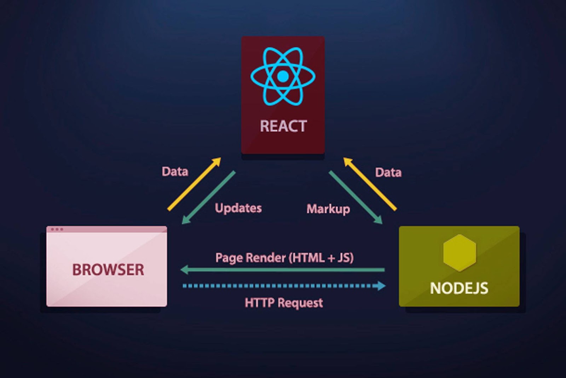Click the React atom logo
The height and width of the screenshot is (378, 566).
(283, 76)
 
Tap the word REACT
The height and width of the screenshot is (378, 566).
(283, 126)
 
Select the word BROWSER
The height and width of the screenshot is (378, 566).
(108, 270)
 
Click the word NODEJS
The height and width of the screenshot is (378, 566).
(459, 288)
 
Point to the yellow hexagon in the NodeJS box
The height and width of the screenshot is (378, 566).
(459, 252)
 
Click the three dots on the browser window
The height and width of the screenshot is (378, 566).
(57, 229)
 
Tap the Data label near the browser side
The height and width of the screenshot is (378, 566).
(175, 171)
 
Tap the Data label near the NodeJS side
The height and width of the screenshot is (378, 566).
(388, 173)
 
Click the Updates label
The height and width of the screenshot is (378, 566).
(238, 208)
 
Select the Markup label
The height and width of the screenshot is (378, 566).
(328, 209)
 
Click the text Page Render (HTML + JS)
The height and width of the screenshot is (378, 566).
(284, 257)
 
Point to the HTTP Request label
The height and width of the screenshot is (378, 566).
(284, 303)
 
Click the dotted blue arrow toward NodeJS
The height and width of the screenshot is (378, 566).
(283, 286)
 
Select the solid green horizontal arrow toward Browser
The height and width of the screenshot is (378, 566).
(283, 270)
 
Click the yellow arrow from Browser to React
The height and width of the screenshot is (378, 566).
(194, 184)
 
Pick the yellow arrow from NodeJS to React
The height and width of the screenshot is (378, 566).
(370, 184)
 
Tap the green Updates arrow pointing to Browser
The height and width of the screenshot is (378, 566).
(208, 198)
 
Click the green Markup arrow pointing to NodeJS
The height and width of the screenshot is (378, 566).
(356, 198)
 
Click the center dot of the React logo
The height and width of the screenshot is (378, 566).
(283, 76)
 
